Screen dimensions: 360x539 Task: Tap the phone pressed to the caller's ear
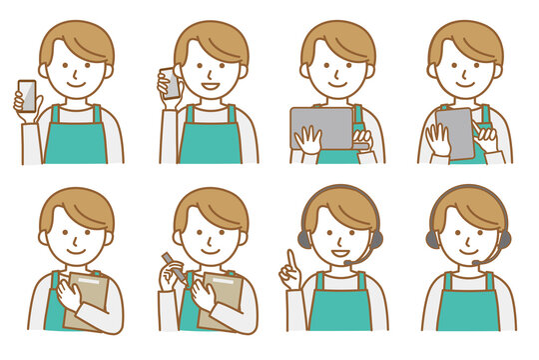(171, 83)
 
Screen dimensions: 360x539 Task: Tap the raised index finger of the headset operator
(291, 259)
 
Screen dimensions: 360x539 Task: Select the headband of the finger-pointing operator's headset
(337, 190)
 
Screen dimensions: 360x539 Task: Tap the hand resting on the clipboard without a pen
(70, 294)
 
